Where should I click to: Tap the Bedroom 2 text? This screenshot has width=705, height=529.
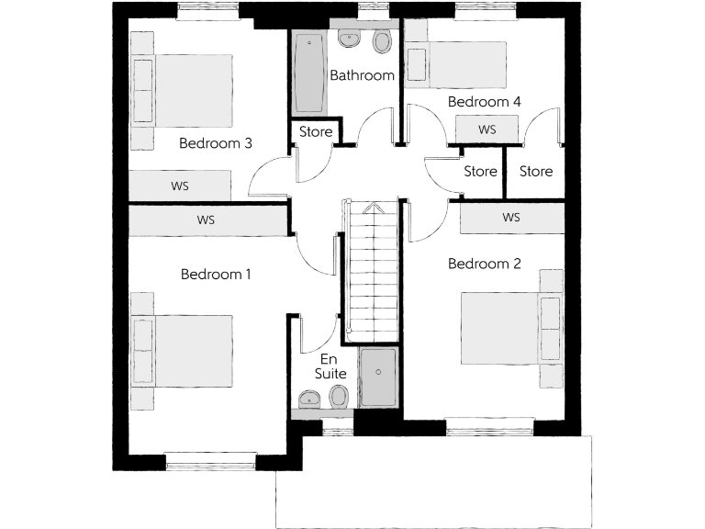pyautogui.click(x=484, y=264)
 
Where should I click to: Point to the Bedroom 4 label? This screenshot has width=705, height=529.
pyautogui.click(x=484, y=102)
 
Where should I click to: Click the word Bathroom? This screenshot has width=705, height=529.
pyautogui.click(x=362, y=75)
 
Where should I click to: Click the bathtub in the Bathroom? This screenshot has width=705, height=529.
pyautogui.click(x=308, y=73)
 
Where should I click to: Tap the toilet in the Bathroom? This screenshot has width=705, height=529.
pyautogui.click(x=382, y=41)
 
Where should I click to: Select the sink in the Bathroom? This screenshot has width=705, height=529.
pyautogui.click(x=350, y=39)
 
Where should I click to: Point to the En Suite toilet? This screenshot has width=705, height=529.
pyautogui.click(x=338, y=397)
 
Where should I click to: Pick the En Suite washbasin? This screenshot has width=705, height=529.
pyautogui.click(x=308, y=399)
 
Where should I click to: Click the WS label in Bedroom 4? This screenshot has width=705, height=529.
pyautogui.click(x=487, y=130)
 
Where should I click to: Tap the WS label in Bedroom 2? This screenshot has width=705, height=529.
pyautogui.click(x=511, y=218)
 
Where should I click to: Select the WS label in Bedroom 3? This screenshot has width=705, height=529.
pyautogui.click(x=180, y=186)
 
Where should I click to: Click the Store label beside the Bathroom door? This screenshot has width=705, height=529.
pyautogui.click(x=316, y=132)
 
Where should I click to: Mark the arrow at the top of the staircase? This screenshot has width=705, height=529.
pyautogui.click(x=371, y=208)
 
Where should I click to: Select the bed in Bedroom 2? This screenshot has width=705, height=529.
pyautogui.click(x=501, y=327)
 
